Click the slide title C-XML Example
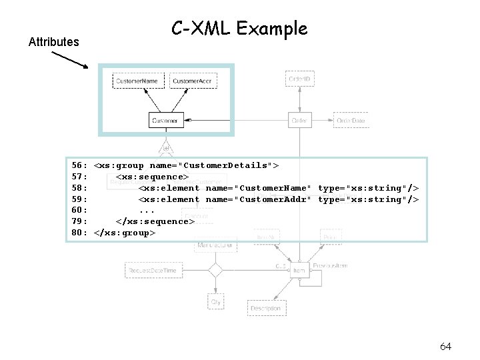[x=239, y=29]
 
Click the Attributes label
[x=53, y=42]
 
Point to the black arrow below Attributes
[x=69, y=59]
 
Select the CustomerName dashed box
[x=138, y=81]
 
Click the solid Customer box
[x=165, y=121]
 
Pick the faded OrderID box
[x=299, y=79]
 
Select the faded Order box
[x=299, y=121]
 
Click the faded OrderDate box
[x=351, y=121]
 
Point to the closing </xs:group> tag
[x=125, y=233]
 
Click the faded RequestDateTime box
[x=153, y=270]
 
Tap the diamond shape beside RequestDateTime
[x=215, y=270]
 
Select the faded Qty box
[x=215, y=301]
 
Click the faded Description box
[x=266, y=308]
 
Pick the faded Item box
[x=299, y=270]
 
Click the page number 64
[x=446, y=346]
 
